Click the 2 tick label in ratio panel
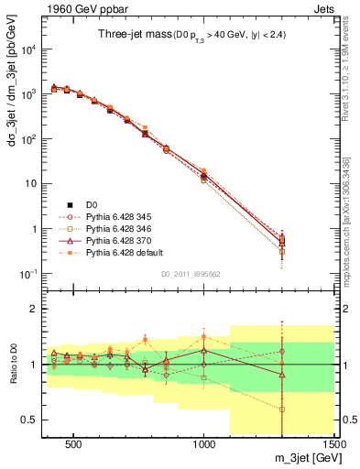coord(30,309)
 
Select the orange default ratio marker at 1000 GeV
coord(203,336)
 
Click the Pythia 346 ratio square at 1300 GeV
coord(282,409)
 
